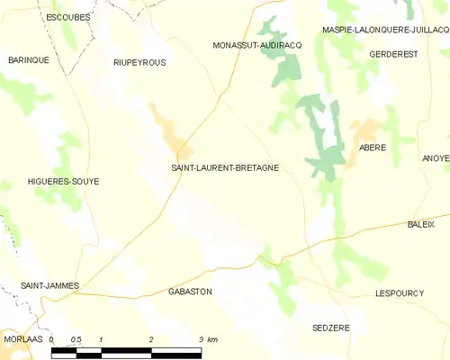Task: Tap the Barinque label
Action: (x=28, y=59)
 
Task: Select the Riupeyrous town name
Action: (x=139, y=62)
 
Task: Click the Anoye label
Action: (x=436, y=157)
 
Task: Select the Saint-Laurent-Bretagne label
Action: (x=224, y=167)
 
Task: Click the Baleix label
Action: (x=421, y=223)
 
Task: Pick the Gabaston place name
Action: (x=190, y=292)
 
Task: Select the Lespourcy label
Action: (x=399, y=293)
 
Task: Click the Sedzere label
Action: (x=330, y=328)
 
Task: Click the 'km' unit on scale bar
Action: (x=212, y=339)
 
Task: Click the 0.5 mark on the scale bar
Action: (x=76, y=339)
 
